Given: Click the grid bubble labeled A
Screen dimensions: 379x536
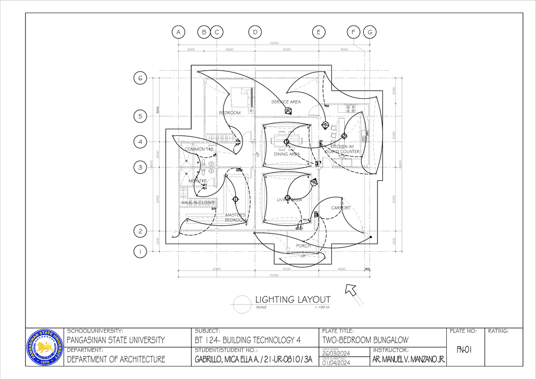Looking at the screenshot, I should (178, 32).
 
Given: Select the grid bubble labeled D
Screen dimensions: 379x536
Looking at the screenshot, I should (255, 32).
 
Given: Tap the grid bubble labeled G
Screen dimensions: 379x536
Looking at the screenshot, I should (370, 32).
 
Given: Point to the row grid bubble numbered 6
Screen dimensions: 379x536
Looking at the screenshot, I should (140, 78).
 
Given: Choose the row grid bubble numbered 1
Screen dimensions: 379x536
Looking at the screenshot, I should (140, 252).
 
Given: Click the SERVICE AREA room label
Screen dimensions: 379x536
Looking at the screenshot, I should (286, 102).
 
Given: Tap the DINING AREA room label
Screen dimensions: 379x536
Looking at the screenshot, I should (287, 154).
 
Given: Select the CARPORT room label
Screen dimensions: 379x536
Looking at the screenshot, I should (341, 208).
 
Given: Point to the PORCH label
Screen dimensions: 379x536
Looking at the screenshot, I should (304, 246).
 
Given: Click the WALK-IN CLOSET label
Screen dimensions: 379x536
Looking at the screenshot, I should (198, 203).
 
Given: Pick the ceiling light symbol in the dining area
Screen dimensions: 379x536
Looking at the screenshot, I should (287, 142).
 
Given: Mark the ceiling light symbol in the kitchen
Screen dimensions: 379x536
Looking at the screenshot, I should (343, 136).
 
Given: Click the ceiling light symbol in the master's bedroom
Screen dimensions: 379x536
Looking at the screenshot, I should (235, 199).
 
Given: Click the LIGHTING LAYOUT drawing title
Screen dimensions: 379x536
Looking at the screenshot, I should (293, 299).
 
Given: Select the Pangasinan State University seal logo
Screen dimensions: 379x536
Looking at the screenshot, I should (45, 347).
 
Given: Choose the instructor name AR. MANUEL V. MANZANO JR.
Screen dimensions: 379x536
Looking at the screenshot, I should (408, 360).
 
